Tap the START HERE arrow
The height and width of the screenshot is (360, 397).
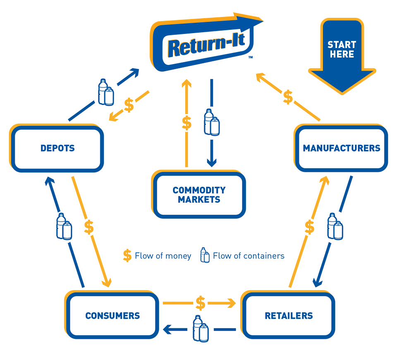[x=342, y=56]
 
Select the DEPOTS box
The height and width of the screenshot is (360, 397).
[x=57, y=148]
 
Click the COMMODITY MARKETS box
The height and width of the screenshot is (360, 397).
[x=199, y=194]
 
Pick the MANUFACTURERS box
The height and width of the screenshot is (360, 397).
[x=341, y=148]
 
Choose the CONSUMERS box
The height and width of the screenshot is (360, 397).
[x=112, y=315]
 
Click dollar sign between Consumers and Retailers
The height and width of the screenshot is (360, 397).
[x=201, y=303]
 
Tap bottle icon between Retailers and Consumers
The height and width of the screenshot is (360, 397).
[x=201, y=329]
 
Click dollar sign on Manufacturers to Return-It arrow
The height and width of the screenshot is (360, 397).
[x=288, y=97]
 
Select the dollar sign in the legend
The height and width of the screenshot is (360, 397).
[x=127, y=255]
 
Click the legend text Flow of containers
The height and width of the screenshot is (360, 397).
[x=249, y=256]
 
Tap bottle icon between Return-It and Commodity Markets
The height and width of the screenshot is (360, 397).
[x=212, y=122]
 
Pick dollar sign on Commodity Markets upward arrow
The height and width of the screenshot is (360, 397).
[x=187, y=123]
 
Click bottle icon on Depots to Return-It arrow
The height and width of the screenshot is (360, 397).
[x=106, y=92]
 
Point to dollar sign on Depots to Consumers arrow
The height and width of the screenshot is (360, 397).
[x=89, y=227]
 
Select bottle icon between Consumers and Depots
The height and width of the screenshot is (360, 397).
[x=64, y=226]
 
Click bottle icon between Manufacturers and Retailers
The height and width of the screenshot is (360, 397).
[x=335, y=226]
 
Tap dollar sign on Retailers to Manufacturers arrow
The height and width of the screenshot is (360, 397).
[x=309, y=227]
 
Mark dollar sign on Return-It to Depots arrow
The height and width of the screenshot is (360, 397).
[x=129, y=106]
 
